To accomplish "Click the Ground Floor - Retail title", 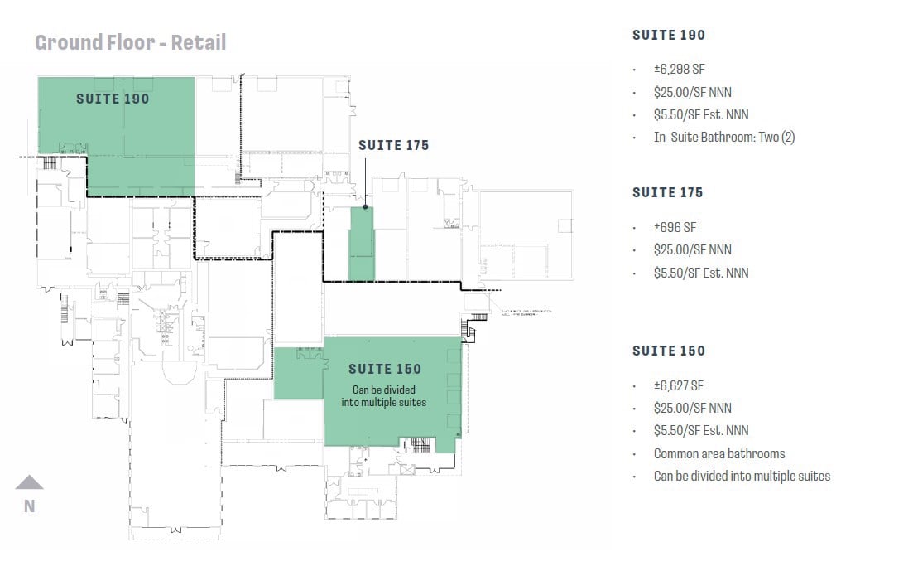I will point(130,42).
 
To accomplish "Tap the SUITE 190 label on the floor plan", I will point(113,99).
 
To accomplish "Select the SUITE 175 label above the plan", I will point(393,145).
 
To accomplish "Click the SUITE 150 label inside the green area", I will point(384,369).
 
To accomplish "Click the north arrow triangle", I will point(29,482).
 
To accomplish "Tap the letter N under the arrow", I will point(29,506).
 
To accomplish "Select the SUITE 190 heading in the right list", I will point(668,35).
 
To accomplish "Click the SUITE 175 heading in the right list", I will point(667,192).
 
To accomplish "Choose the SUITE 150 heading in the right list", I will point(668,351).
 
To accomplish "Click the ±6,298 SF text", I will point(679,70).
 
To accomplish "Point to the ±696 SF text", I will point(675,227).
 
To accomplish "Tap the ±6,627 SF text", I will point(679,385).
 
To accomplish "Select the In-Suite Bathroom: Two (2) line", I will point(723,138).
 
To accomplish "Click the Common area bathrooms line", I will point(718,453).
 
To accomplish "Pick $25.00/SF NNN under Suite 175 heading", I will point(692,249).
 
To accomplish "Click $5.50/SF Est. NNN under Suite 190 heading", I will point(700,114).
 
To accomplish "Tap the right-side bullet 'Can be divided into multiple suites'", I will point(741,476).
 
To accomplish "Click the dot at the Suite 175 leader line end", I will point(365,207).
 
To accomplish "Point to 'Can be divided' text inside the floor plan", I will point(384,390).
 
